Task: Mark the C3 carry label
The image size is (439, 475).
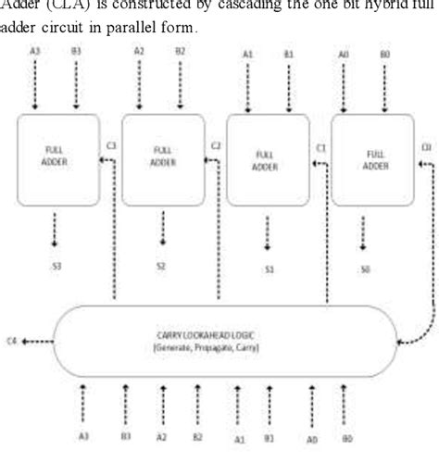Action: (x=110, y=145)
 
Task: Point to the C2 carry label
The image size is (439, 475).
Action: (x=216, y=145)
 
